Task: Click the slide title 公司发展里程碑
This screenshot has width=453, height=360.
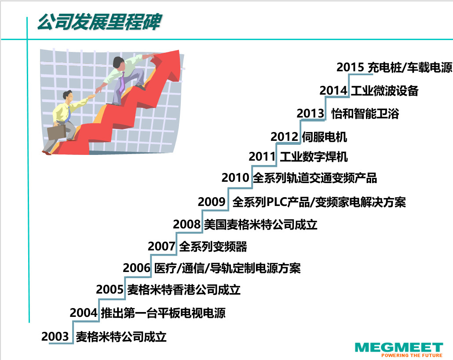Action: (99, 22)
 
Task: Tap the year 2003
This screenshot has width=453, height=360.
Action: (55, 336)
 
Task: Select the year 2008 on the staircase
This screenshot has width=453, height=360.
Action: (186, 224)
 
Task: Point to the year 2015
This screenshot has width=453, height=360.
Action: (350, 67)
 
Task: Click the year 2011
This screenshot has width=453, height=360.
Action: (262, 156)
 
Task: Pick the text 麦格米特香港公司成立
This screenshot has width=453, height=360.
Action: (184, 290)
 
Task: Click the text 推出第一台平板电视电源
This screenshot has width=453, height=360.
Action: (163, 313)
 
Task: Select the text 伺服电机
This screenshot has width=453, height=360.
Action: (325, 137)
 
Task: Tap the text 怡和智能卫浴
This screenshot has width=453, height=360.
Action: (365, 114)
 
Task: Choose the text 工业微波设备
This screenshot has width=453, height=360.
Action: (384, 91)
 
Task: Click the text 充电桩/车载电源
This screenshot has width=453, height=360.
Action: (409, 67)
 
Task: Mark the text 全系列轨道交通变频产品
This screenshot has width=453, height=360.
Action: (315, 178)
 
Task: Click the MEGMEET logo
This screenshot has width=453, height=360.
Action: (399, 347)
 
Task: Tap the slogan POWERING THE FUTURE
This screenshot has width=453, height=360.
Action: (412, 355)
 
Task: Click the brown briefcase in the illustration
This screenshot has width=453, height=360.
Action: (56, 132)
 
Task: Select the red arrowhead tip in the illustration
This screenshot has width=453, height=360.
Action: (179, 51)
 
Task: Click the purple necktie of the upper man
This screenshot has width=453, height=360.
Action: (122, 83)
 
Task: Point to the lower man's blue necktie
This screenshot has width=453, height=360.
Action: (69, 114)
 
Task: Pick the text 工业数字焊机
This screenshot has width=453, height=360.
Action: (314, 157)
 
